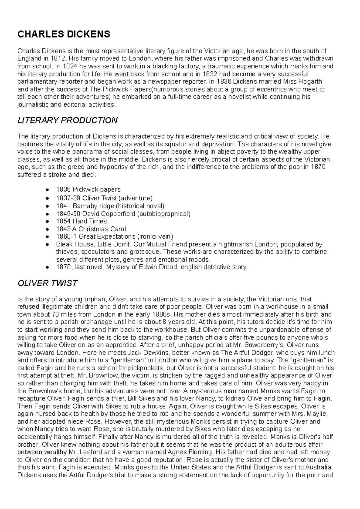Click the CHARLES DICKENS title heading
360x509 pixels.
[64, 34]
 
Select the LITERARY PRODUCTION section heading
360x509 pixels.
[67, 121]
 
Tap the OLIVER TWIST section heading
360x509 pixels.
[47, 283]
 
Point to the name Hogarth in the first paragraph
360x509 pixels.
[310, 82]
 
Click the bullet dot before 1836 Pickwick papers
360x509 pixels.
[47, 190]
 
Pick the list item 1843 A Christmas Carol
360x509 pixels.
[91, 229]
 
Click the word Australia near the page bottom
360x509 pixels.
[319, 467]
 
